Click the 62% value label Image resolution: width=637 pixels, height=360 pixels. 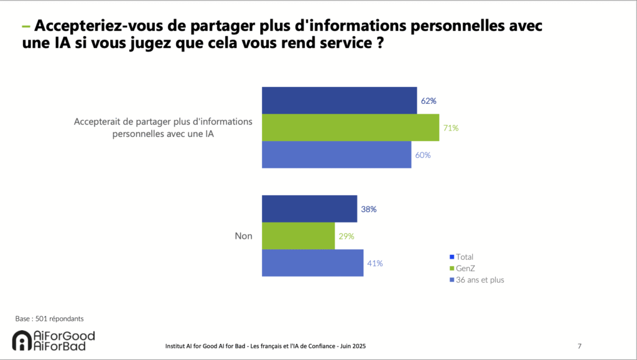tap(427, 101)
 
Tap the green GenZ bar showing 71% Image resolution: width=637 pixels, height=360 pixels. tap(350, 127)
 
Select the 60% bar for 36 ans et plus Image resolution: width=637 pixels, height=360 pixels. tap(337, 155)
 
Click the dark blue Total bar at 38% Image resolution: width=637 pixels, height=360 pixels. tap(309, 209)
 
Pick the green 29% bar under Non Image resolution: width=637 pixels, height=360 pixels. tap(298, 236)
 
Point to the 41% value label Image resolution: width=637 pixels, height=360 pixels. tap(374, 263)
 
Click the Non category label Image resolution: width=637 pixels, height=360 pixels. tap(243, 236)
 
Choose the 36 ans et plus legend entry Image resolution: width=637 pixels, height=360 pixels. tap(480, 280)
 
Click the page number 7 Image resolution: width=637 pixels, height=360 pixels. tap(580, 346)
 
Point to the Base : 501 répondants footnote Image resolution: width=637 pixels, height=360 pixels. tap(49, 319)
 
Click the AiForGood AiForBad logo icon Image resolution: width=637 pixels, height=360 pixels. tap(22, 341)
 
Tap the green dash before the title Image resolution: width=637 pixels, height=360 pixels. tap(26, 27)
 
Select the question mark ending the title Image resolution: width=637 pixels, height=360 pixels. tap(378, 45)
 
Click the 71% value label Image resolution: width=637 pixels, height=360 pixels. tap(451, 128)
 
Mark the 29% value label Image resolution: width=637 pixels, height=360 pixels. tap(346, 236)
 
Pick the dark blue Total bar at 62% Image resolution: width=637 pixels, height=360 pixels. tap(339, 101)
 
